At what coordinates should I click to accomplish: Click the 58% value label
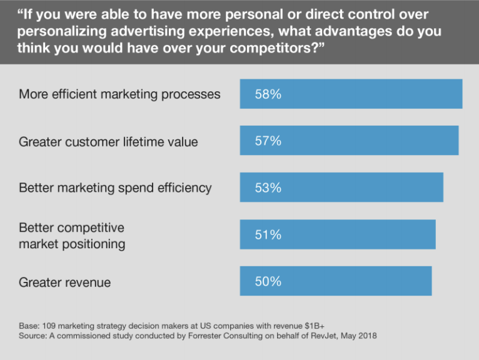coord(268,94)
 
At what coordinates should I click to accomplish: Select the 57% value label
coord(268,141)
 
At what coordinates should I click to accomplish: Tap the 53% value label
coord(268,188)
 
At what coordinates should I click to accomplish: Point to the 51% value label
coord(268,235)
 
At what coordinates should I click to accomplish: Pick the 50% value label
coord(268,282)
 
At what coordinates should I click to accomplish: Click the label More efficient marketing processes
coord(119,94)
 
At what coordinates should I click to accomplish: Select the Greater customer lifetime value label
coord(108,142)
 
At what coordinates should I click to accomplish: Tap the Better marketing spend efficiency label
coord(115,188)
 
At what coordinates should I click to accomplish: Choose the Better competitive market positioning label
coord(72,236)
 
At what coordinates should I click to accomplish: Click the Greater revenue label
coord(64,282)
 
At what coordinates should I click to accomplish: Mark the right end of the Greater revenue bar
coord(430,281)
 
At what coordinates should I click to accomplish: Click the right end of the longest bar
coord(461,94)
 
